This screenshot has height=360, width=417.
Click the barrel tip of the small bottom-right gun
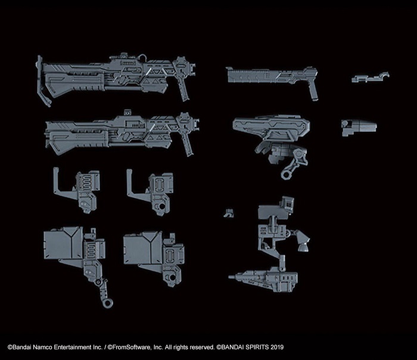pos(233,277)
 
